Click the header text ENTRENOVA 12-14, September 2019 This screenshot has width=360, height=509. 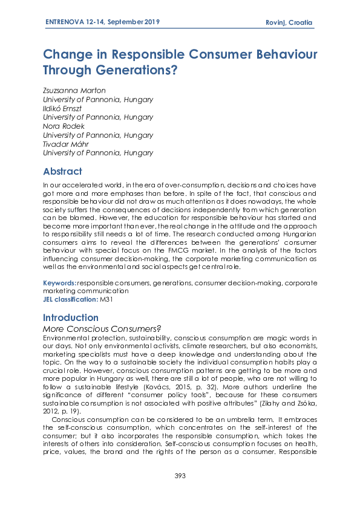point(102,22)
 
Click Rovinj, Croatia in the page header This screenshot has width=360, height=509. point(289,22)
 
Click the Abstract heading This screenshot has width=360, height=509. point(62,172)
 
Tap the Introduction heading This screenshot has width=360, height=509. point(71,317)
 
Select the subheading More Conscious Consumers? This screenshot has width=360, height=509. point(101,328)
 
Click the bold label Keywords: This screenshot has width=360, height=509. point(59,283)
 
